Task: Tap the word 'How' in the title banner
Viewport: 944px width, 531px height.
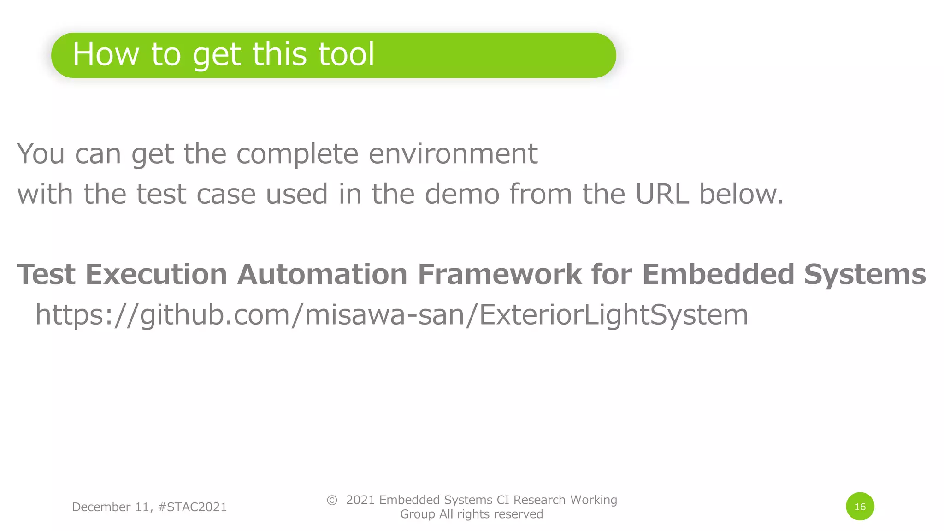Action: (x=106, y=54)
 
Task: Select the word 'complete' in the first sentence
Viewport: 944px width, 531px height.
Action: (x=297, y=153)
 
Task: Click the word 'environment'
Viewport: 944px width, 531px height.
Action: (x=453, y=153)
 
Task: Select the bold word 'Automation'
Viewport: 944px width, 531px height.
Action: (x=322, y=274)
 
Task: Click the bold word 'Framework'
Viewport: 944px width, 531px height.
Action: (x=500, y=274)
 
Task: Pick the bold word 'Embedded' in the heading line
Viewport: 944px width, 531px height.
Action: (x=718, y=274)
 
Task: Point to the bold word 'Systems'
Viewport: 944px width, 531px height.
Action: (x=865, y=274)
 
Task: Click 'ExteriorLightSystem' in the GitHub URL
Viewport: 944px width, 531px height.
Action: (x=614, y=315)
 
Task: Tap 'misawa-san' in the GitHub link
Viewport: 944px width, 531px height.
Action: (x=384, y=315)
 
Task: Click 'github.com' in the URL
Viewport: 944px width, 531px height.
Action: (x=215, y=315)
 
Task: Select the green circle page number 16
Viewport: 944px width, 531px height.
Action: (x=860, y=507)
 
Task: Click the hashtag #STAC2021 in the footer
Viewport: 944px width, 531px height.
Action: (x=192, y=507)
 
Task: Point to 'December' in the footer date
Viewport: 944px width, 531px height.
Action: (x=101, y=507)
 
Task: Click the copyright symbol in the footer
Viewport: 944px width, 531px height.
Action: (x=332, y=500)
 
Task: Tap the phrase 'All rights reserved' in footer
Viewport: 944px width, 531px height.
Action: (x=491, y=514)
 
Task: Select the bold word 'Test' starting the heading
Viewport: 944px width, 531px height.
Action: (x=46, y=274)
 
